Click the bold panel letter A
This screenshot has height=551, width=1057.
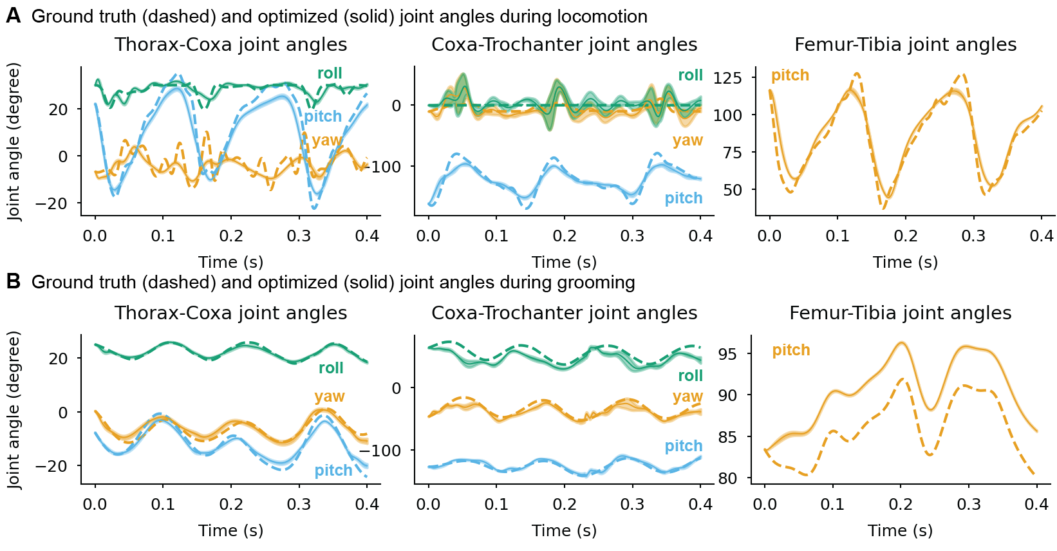point(13,16)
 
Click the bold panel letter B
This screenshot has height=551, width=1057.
point(13,282)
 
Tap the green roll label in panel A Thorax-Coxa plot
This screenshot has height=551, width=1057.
point(330,73)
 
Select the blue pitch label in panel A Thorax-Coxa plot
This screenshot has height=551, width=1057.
point(323,117)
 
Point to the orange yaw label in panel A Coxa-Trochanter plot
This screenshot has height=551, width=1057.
point(688,140)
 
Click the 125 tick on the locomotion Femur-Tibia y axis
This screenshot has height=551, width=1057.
point(728,78)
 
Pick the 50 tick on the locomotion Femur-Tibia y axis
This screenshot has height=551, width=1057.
point(733,190)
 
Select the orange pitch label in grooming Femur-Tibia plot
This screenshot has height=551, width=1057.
point(791,350)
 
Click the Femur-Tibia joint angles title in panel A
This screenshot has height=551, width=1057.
point(905,44)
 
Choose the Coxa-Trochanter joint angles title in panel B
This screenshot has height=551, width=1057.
point(564,313)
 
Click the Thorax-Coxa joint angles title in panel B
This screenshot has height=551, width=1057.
point(230,313)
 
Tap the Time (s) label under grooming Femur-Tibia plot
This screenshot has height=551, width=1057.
point(900,530)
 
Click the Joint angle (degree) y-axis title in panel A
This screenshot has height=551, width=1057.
point(14,142)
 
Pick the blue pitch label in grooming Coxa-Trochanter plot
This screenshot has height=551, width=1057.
point(684,446)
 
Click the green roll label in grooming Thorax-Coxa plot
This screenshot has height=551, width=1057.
point(331,368)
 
